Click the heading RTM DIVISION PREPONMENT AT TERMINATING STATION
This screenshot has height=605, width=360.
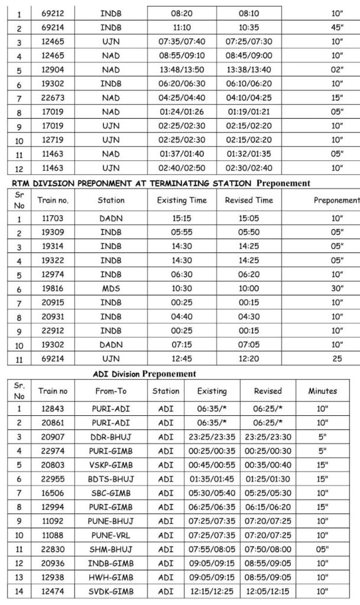129,185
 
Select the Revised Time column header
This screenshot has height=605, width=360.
248,200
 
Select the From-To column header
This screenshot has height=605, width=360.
111,391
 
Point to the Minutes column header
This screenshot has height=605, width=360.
322,391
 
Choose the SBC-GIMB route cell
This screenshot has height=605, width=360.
111,504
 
